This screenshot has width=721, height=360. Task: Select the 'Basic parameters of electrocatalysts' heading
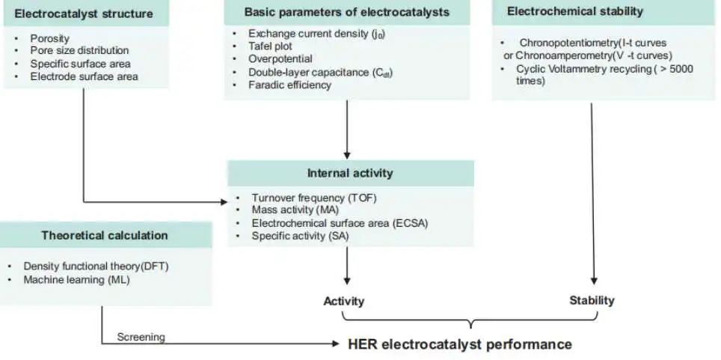[x=347, y=12]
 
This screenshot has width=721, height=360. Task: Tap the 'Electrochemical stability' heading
[x=574, y=11]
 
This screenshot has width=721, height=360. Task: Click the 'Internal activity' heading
[x=350, y=173]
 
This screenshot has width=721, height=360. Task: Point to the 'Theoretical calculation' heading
[x=105, y=236]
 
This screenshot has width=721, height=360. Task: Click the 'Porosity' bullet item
[x=49, y=39]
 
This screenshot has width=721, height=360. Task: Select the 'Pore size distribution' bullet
[x=79, y=51]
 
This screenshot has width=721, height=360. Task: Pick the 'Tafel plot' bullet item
[x=271, y=46]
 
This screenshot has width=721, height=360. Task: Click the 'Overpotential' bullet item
[x=280, y=59]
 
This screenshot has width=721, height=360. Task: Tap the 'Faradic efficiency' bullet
[x=289, y=85]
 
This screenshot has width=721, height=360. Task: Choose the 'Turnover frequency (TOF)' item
[x=314, y=198]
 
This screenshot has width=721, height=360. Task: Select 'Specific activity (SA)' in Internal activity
[x=300, y=237]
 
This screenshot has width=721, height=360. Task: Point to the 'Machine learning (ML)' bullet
[x=77, y=279]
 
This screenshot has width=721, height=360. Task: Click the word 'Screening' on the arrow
[x=141, y=337]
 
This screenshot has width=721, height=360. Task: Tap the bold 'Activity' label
[x=344, y=302]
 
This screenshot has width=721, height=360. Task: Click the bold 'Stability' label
[x=592, y=301]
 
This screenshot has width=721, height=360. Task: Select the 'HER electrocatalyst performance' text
[x=460, y=344]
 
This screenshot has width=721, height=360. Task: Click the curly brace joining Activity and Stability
[x=470, y=321]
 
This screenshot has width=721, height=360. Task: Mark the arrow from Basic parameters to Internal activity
[x=347, y=129]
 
